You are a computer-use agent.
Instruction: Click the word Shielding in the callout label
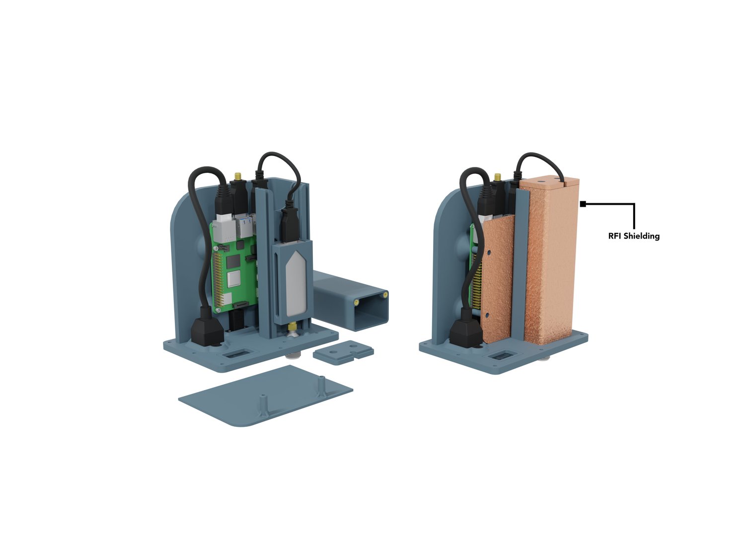click(x=641, y=237)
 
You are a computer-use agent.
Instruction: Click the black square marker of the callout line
click(x=583, y=204)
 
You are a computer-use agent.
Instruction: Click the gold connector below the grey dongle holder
click(x=291, y=328)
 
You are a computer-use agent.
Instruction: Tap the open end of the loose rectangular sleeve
click(x=372, y=310)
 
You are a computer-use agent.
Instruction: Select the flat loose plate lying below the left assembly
click(x=266, y=396)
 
